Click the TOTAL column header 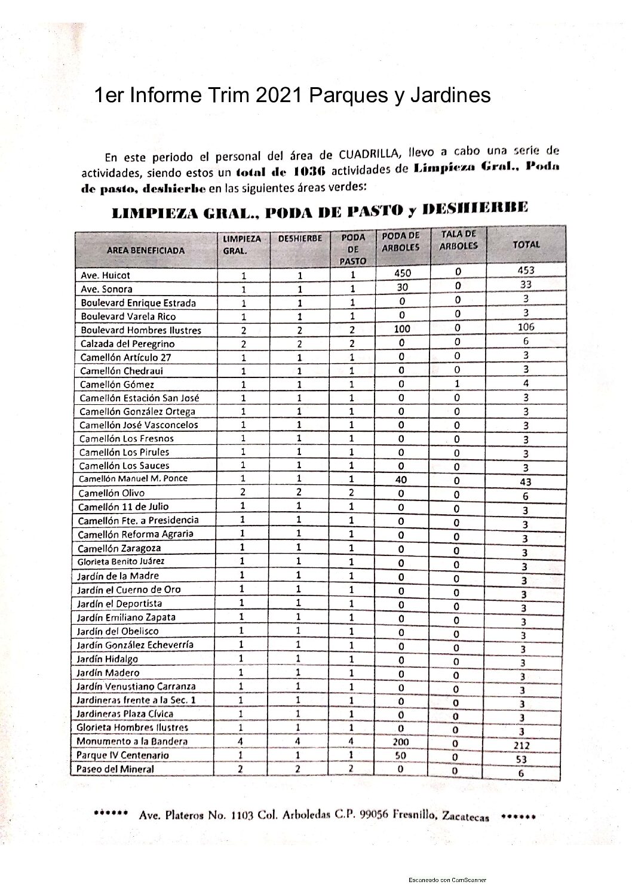point(526,244)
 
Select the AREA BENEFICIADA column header point(145,251)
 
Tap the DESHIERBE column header point(300,238)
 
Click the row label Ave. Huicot point(105,275)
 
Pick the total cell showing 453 point(526,270)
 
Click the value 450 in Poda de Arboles point(403,273)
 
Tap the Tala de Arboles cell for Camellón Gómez point(458,383)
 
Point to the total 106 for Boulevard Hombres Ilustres point(526,327)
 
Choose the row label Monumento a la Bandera point(132,741)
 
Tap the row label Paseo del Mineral point(115,769)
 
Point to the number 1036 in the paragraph point(309,172)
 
